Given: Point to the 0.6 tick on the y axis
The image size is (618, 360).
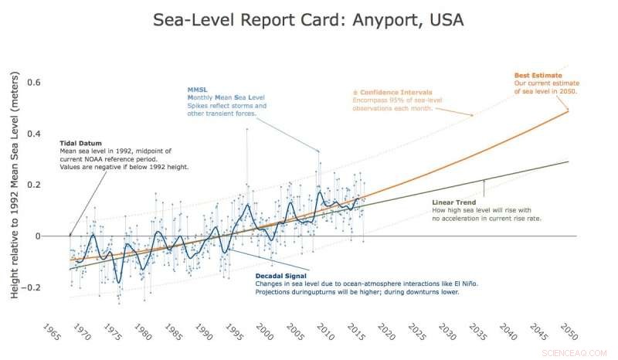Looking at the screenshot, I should pos(36,83).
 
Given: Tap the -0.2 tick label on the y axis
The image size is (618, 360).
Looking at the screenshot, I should pos(33,288).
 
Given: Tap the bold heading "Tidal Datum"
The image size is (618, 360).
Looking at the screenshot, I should pos(80,143).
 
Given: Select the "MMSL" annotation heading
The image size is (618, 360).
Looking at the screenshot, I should pos(198,90).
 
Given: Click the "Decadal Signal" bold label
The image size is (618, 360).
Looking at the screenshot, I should pos(280,275).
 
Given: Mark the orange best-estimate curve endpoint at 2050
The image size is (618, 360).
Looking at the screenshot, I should pos(569,110).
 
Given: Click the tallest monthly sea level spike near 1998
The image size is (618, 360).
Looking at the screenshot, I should pos(246,129).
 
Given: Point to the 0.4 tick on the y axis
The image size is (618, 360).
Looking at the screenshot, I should pos(36,134).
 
